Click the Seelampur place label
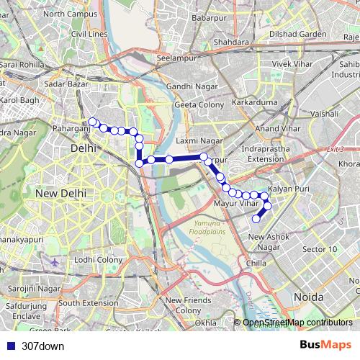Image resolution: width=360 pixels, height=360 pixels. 176,58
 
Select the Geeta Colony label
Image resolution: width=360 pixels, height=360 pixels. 199,105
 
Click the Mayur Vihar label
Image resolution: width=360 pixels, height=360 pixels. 235,205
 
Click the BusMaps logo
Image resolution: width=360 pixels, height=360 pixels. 325,345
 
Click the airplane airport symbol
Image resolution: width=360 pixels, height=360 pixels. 55,260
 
